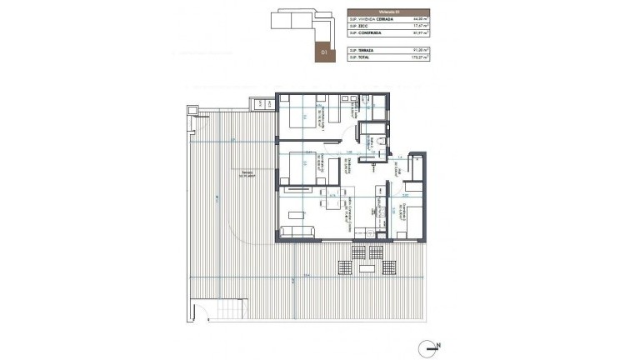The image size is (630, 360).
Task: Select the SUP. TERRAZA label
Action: click(x=359, y=52)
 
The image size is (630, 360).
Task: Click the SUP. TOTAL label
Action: click(x=357, y=60)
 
